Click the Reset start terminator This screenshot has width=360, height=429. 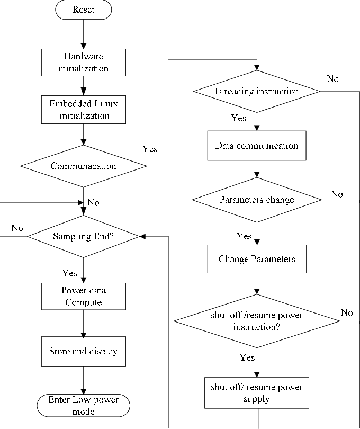pyautogui.click(x=83, y=10)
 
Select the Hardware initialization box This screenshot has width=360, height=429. pyautogui.click(x=83, y=62)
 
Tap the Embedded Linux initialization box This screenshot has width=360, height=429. pyautogui.click(x=83, y=110)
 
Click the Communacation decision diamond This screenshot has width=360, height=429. pyautogui.click(x=83, y=166)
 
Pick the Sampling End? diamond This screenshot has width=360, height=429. pyautogui.click(x=83, y=237)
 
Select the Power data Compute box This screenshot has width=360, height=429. pyautogui.click(x=83, y=296)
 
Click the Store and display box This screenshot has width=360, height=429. pyautogui.click(x=83, y=351)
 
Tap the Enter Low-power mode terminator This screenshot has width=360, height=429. pyautogui.click(x=83, y=405)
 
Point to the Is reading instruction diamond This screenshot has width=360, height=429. pyautogui.click(x=257, y=92)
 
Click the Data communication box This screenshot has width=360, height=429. pyautogui.click(x=257, y=146)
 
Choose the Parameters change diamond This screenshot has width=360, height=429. pyautogui.click(x=257, y=200)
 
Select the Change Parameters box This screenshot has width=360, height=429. pyautogui.click(x=257, y=259)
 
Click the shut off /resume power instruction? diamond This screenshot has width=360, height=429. pyautogui.click(x=257, y=321)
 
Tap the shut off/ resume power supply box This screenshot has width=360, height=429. pyautogui.click(x=257, y=392)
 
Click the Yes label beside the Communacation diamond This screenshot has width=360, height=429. pyautogui.click(x=150, y=149)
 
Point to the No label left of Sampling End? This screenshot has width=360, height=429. pyautogui.click(x=17, y=228)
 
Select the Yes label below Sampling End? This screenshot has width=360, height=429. pyautogui.click(x=69, y=273)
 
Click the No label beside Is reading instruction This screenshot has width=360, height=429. pyautogui.click(x=332, y=79)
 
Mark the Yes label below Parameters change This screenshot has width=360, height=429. pyautogui.click(x=244, y=236)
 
